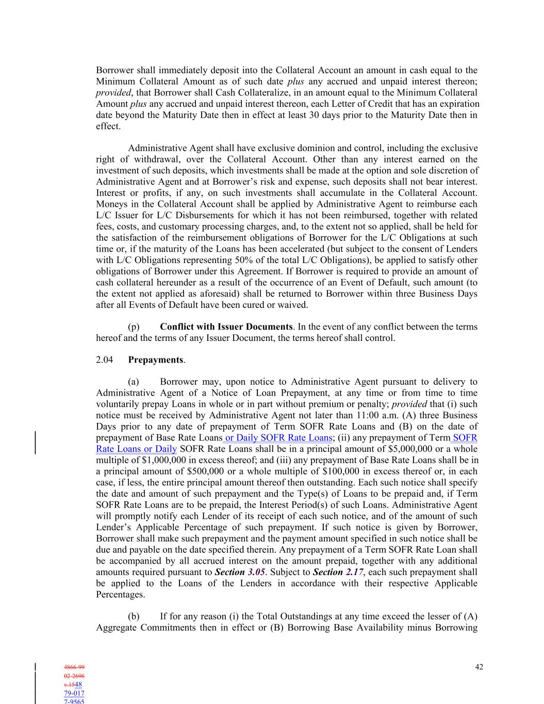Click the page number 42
(479, 667)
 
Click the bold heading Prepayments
(155, 360)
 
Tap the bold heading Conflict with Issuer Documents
(226, 326)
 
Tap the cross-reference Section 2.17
(338, 572)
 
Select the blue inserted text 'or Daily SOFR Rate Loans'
(278, 438)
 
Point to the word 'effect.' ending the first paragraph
(108, 126)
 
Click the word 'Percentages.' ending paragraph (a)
(120, 595)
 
